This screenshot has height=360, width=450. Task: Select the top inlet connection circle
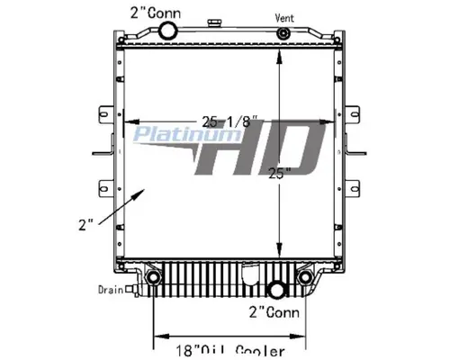tap(167, 31)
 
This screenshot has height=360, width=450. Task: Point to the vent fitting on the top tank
tap(283, 34)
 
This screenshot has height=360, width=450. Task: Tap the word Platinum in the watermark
tap(171, 136)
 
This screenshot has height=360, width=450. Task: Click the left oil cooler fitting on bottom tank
tap(154, 279)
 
